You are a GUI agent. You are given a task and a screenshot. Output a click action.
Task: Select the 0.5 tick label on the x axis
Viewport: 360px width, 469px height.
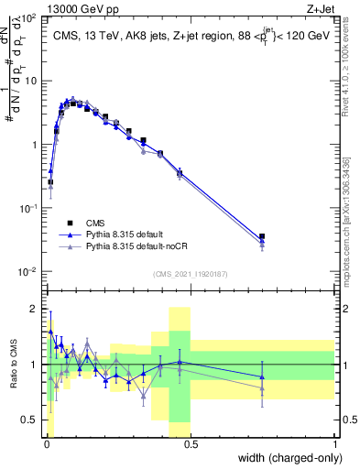pos(191,443)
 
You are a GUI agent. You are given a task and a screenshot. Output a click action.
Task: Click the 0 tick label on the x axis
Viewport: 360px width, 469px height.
pos(46,443)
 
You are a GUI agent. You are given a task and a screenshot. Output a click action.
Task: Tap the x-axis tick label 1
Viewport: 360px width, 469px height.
pos(335,443)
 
